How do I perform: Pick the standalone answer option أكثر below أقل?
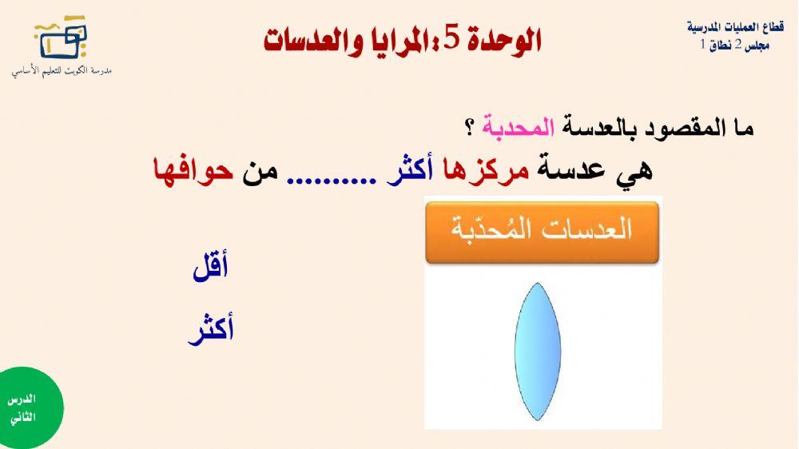click(x=210, y=330)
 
